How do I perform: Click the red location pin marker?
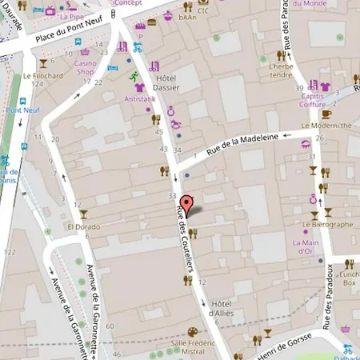186,205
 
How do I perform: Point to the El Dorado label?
82,226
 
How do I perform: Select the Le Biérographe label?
327,225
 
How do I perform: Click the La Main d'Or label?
306,246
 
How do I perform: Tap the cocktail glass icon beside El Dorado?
82,214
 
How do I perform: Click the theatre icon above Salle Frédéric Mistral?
191,332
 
